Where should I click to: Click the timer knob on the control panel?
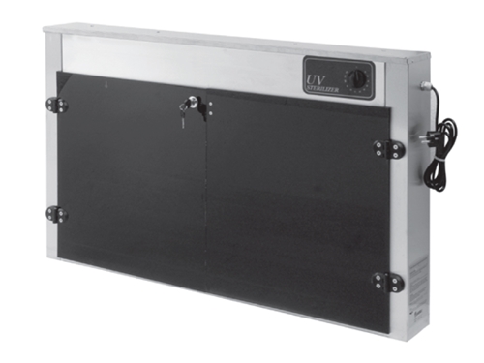(x=358, y=78)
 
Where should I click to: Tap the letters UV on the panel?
(x=315, y=80)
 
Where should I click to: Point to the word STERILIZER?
(x=321, y=89)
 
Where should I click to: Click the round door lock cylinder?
(x=194, y=101)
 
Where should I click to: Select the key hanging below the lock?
(x=182, y=114)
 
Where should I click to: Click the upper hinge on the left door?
(x=57, y=105)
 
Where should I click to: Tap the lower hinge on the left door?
(x=57, y=214)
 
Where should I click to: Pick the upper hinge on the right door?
(x=389, y=149)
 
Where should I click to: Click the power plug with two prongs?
(x=427, y=136)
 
